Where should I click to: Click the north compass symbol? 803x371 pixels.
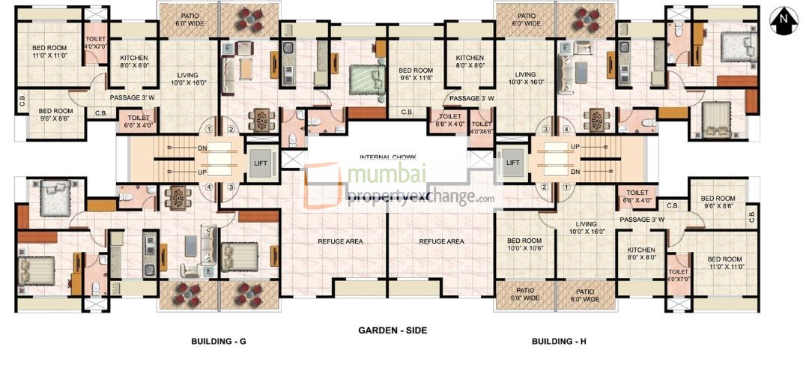coord(784,19)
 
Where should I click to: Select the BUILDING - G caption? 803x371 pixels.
coord(219,342)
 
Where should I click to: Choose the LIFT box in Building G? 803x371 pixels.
coord(260,162)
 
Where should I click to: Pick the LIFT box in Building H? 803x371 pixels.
coord(513,162)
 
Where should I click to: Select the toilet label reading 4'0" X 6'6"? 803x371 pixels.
coord(482,127)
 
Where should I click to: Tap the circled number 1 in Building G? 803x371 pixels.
coord(218,128)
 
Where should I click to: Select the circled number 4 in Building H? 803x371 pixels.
coord(566,128)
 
